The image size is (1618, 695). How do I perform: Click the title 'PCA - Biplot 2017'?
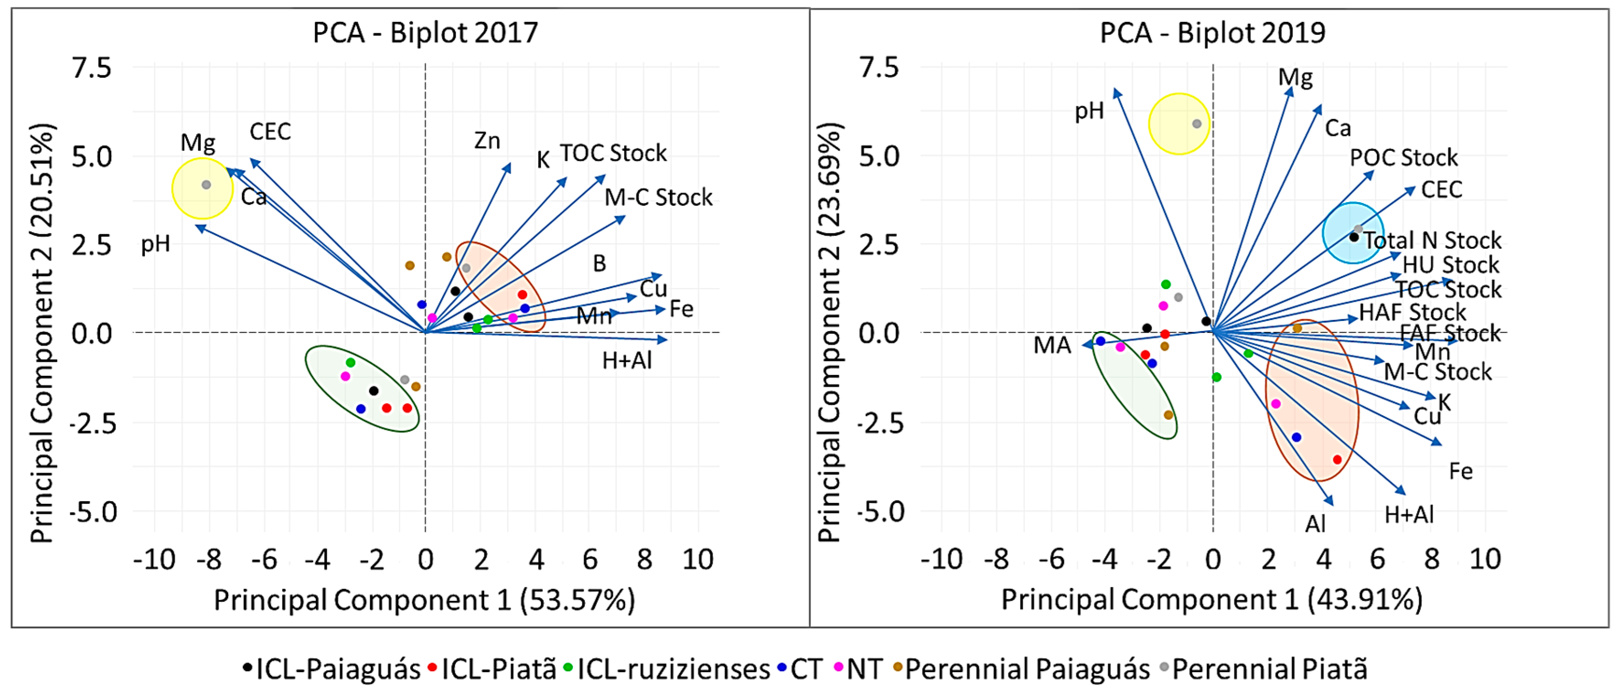425,32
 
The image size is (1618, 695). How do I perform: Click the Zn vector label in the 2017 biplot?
487,141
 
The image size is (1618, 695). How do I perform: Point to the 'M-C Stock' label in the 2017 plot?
658,198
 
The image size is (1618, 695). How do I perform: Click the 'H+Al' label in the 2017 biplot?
627,361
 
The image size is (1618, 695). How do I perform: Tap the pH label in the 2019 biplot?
1089,111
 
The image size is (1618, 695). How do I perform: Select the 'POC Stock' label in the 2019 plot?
1404,158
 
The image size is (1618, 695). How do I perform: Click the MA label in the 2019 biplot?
1052,345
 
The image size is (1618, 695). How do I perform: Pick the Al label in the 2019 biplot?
1315,524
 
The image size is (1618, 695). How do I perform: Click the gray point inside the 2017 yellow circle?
206,185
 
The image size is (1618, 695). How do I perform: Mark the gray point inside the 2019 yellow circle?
1196,124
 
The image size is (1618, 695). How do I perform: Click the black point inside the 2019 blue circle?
1354,237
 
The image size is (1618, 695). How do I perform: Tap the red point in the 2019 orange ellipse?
1337,460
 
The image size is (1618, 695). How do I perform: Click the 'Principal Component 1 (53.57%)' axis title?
425,600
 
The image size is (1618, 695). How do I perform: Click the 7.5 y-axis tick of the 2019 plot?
879,68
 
